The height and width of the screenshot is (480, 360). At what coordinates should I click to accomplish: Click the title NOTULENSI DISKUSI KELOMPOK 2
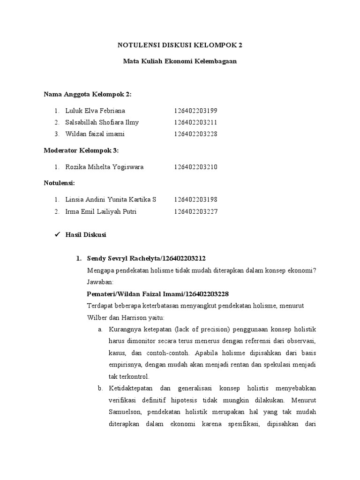click(180, 45)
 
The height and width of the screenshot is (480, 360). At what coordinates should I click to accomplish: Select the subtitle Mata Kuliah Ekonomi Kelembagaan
click(180, 61)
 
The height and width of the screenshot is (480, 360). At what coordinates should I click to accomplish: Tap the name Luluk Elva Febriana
click(95, 111)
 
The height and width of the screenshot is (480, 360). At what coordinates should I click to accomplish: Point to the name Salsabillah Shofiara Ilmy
click(102, 122)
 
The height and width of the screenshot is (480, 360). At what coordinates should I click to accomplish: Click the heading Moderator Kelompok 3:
click(81, 150)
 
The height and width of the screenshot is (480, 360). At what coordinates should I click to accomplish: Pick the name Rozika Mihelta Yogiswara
click(105, 167)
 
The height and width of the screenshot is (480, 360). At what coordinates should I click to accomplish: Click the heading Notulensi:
click(60, 183)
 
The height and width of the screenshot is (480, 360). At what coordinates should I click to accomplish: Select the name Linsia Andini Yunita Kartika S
click(111, 200)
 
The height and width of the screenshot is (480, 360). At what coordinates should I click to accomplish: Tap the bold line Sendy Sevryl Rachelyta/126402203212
click(146, 259)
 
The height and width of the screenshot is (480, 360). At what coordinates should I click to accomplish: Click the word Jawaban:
click(97, 282)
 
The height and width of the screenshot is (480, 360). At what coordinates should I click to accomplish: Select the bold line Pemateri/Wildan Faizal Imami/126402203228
click(158, 294)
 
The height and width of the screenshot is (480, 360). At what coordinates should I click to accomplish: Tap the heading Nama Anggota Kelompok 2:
click(88, 94)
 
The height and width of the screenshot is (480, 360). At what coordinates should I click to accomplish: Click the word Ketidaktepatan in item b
click(133, 389)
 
